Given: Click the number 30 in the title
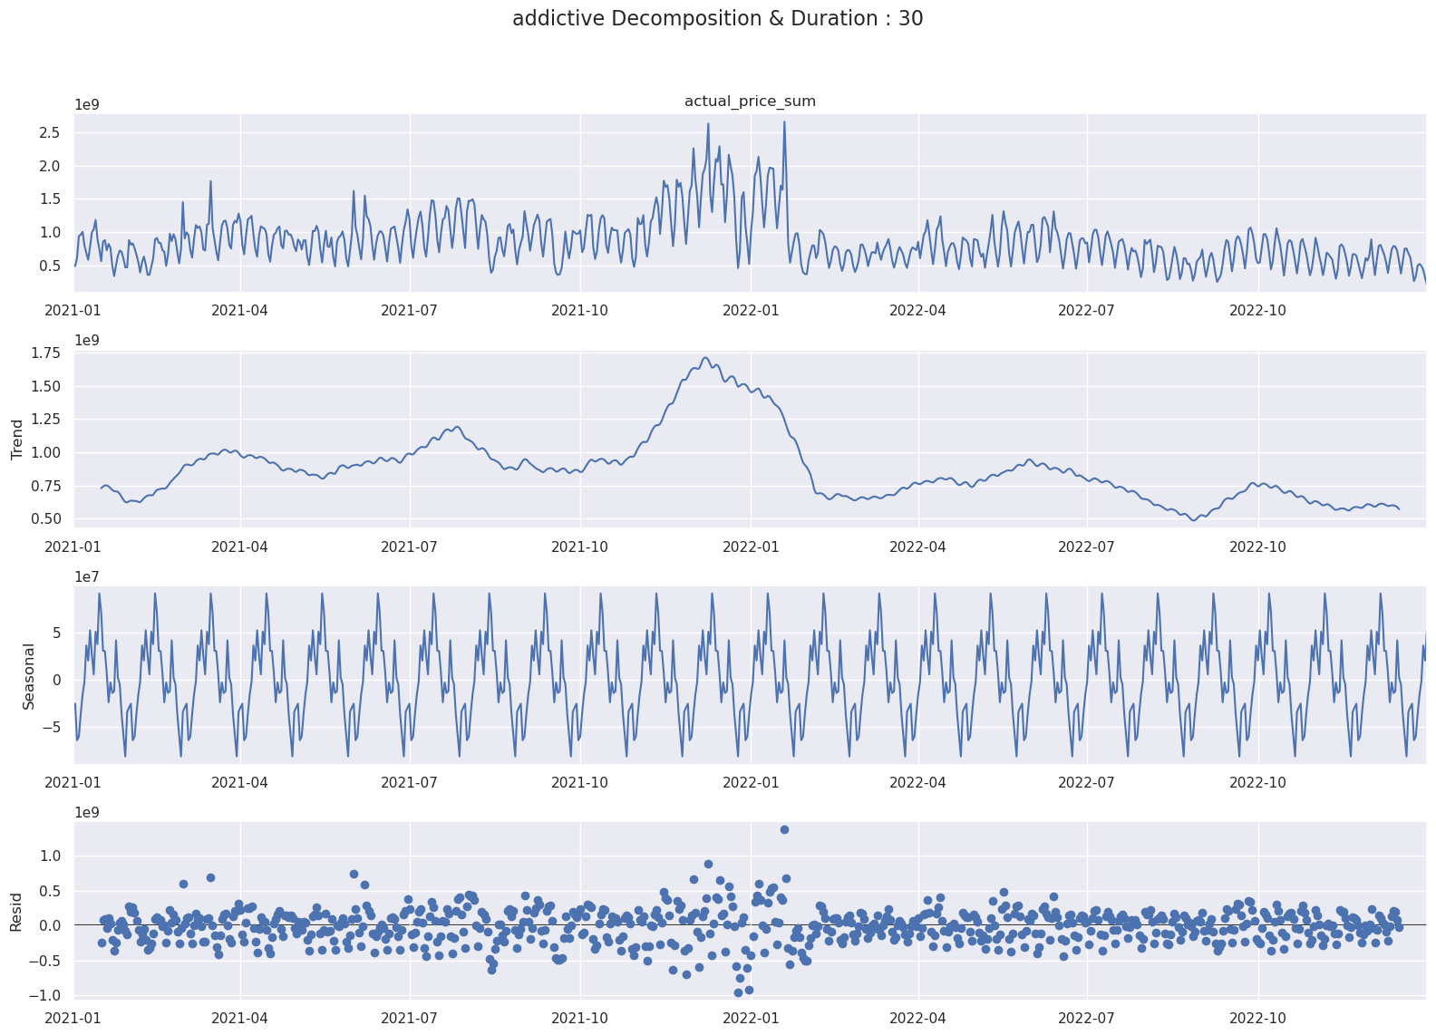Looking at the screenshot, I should [910, 19].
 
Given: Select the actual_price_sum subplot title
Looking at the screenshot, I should [750, 102].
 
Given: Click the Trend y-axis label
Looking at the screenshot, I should [17, 440].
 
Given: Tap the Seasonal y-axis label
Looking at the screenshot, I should [28, 676].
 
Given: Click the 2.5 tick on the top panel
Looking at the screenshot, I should [49, 132].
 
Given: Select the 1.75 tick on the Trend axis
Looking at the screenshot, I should [44, 353].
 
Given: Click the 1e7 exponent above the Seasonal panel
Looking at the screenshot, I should [87, 576].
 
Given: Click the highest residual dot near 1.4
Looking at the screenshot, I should [784, 829].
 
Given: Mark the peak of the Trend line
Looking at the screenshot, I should [705, 358].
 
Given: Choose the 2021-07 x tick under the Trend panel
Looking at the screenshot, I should [410, 547].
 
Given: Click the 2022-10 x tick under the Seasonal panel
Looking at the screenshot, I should [1258, 782].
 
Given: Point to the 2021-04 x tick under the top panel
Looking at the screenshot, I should [240, 310].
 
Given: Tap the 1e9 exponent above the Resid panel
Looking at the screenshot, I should [87, 812].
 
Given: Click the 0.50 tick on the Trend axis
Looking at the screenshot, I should [44, 519].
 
